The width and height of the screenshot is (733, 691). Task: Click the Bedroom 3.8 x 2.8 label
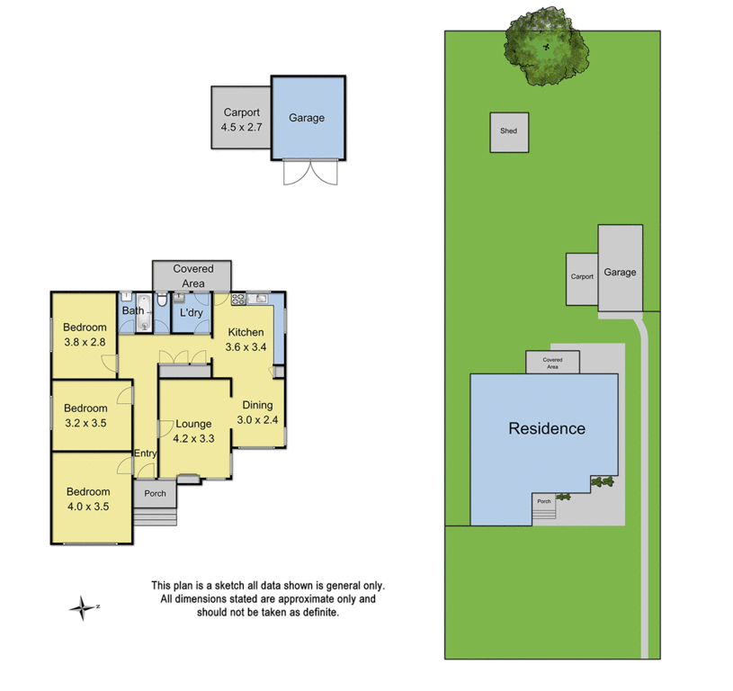pos(85,335)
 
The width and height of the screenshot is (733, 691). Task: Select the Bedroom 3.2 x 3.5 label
pos(86,414)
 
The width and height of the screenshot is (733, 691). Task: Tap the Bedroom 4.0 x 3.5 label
pos(87,498)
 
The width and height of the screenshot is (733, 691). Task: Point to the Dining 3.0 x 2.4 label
pos(257,412)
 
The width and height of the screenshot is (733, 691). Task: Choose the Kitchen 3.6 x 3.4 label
pos(246,339)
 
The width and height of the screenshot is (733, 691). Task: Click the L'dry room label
pos(191,312)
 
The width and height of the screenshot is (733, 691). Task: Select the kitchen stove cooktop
pos(239,298)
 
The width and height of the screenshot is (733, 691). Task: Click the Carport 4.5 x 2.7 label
pos(241,121)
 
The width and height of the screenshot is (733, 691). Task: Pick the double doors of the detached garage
pos(310,173)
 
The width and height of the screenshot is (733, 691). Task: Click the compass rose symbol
pos(82,608)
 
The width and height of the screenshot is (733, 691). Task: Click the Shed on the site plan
pos(509,131)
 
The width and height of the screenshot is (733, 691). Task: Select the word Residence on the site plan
pos(547,428)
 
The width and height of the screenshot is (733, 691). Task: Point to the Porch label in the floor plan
pos(155,493)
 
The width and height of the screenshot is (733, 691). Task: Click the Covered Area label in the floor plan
pos(192,275)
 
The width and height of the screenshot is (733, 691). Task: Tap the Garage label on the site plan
pos(620,272)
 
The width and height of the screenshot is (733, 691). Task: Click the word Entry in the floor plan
pos(145,453)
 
